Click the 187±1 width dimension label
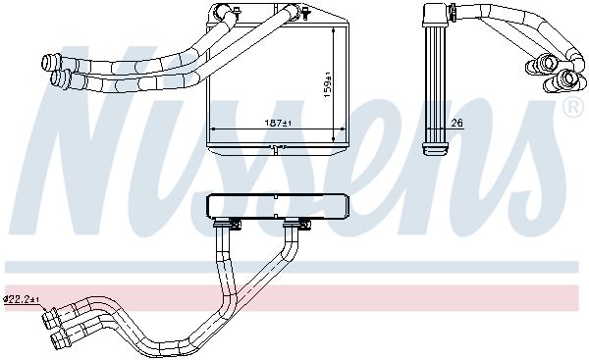tap(279, 123)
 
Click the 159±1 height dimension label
tap(328, 84)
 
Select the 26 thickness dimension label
tap(456, 123)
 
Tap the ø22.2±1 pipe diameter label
tap(21, 299)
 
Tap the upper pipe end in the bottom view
tap(50, 319)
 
